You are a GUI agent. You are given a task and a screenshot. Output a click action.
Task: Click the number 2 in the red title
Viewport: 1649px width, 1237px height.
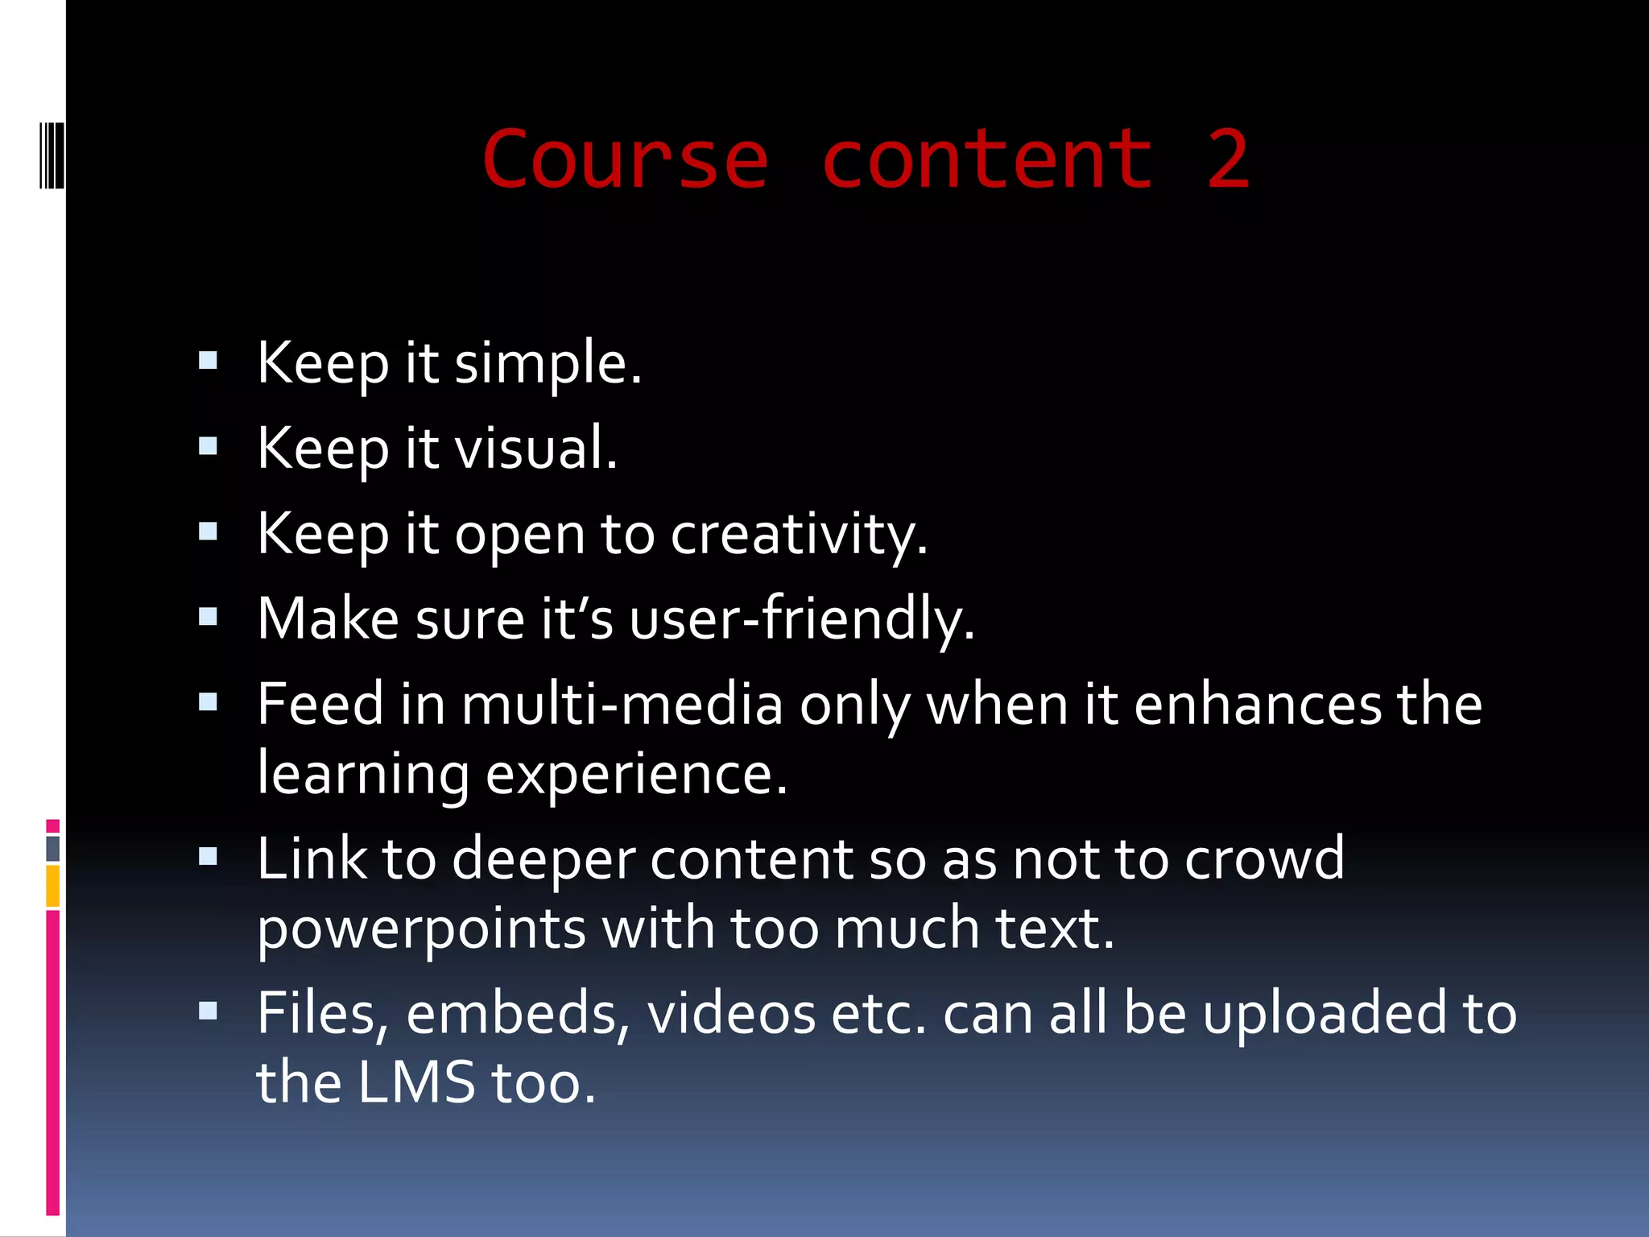(1227, 160)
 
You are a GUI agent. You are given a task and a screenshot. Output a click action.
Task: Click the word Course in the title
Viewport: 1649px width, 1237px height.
(625, 160)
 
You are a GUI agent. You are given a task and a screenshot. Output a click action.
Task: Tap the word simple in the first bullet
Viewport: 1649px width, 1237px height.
(548, 364)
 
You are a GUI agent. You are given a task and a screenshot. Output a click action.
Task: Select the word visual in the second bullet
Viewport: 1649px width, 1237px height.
(536, 449)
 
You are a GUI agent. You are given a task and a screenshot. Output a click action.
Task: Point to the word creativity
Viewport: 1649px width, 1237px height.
(799, 535)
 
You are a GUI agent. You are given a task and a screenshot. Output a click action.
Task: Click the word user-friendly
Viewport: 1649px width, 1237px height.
(802, 620)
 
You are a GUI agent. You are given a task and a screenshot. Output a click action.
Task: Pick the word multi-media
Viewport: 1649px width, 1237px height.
(622, 705)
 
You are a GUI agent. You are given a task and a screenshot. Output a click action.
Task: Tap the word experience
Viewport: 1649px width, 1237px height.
(636, 774)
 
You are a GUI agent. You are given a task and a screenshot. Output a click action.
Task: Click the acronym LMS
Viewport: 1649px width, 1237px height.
(416, 1082)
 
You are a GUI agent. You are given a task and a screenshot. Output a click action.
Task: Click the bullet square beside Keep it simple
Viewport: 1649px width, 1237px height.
(208, 360)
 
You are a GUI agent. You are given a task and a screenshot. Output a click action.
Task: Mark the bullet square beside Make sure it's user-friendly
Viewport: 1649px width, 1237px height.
(208, 617)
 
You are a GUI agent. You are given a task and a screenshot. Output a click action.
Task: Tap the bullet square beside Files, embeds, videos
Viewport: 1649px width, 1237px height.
(208, 1011)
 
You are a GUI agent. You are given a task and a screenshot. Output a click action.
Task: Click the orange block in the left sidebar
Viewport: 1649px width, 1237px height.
(53, 885)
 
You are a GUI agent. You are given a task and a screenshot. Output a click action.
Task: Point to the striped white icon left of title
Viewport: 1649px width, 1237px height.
(52, 154)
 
